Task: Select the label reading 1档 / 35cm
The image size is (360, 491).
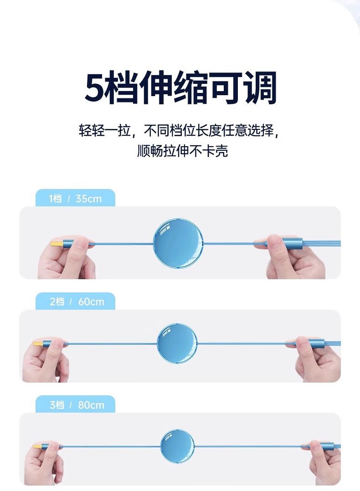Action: (75, 199)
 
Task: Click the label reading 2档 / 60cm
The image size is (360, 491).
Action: (77, 302)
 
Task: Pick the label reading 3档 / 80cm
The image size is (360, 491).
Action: (77, 405)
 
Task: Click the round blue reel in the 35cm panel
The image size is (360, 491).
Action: (178, 243)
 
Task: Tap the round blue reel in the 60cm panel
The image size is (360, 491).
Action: (177, 343)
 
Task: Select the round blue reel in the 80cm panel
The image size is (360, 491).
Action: (177, 446)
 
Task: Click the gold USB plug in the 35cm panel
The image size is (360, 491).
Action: (57, 244)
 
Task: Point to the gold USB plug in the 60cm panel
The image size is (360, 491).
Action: (38, 343)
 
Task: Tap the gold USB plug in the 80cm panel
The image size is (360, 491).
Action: (38, 446)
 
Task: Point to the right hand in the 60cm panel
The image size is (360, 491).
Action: (314, 359)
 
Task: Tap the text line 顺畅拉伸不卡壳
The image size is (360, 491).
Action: (182, 151)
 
